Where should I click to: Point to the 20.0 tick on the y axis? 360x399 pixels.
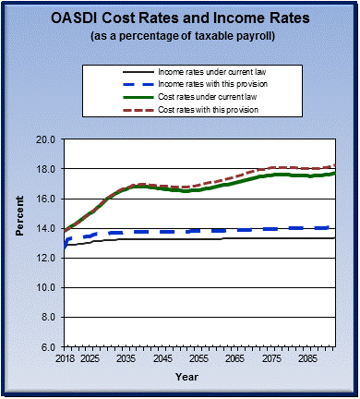[47, 139]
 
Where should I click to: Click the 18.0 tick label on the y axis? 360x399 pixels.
[47, 169]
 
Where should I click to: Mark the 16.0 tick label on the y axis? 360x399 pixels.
[47, 199]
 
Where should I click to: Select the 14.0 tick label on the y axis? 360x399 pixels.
[47, 228]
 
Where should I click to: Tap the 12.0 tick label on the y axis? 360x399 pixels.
[47, 258]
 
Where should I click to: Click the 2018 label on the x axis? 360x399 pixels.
[65, 357]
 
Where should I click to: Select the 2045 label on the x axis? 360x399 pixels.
[163, 357]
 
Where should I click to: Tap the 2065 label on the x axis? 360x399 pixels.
[236, 357]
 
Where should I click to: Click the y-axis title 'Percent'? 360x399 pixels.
[19, 243]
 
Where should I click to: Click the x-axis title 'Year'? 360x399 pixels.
[187, 376]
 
